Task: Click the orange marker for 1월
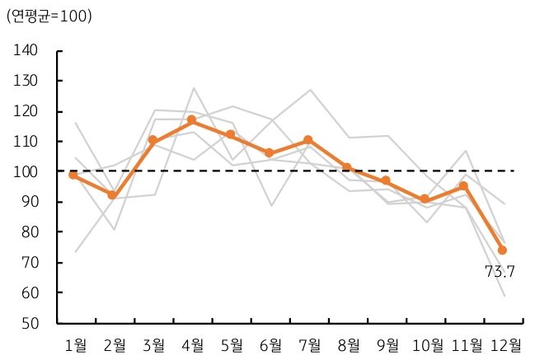coord(74,175)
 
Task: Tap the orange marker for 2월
coord(113,195)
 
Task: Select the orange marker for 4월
coord(191,120)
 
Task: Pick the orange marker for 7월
coord(307,140)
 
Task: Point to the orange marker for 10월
coord(425,199)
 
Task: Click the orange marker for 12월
coord(502,250)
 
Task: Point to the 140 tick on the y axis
coord(26,51)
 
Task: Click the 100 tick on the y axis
coord(26,172)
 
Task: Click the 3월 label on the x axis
coord(153,344)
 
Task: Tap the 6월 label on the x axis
coord(270,344)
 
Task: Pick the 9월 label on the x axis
coord(387,344)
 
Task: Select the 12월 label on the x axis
coord(504,344)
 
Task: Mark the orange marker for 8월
coord(347,168)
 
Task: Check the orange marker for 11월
coord(463,186)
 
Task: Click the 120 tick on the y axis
coord(26,111)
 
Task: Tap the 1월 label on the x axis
coord(76,344)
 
